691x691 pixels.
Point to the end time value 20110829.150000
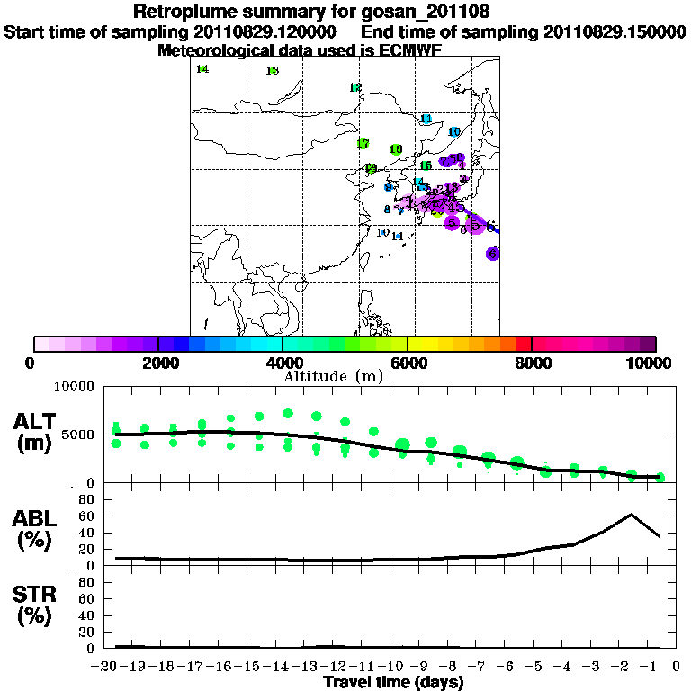615,32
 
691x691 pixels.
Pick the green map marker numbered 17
363,144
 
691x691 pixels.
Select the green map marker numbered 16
396,149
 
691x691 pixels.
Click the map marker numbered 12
355,87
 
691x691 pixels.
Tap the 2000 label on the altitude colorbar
158,363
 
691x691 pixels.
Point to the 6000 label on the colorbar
408,363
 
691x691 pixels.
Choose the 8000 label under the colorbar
532,363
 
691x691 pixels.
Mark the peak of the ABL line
631,515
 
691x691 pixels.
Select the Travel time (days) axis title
393,683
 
